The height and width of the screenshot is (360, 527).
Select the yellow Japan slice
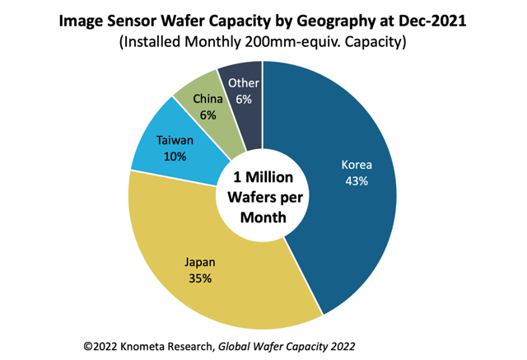[x=222, y=288]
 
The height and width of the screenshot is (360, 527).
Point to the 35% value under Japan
[x=199, y=278]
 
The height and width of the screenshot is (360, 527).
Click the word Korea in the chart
[x=356, y=164]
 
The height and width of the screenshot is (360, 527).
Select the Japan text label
[x=199, y=263]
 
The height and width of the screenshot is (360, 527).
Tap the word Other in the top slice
[x=243, y=82]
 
